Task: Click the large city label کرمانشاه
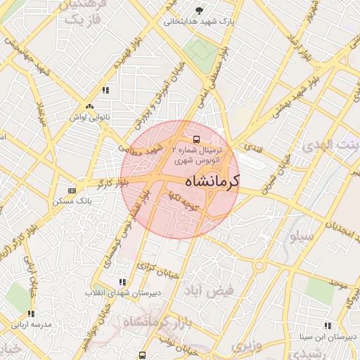pos(212,181)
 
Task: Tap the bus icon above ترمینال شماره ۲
pos(196,138)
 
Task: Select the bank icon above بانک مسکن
pos(72,191)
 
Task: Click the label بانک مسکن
pos(72,201)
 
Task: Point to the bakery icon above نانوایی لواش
pos(89,107)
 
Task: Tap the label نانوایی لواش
pos(89,117)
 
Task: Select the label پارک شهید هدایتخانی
pos(198,21)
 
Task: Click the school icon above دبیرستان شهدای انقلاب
pos(124,281)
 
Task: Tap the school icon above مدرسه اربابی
pos(32,314)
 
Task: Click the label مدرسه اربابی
pos(32,325)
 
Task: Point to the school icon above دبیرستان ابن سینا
pos(328,326)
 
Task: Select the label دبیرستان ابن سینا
pos(328,337)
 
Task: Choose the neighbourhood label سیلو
pos(300,236)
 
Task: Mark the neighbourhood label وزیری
pos(247,346)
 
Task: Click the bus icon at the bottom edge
pos(143,355)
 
